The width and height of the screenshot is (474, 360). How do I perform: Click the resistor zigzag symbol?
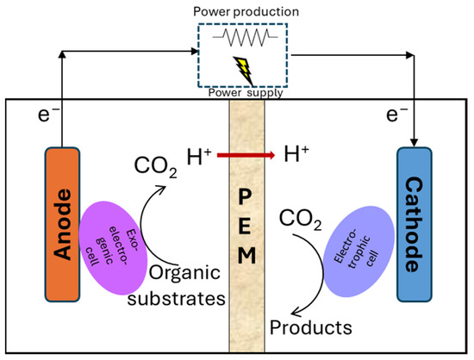(247, 37)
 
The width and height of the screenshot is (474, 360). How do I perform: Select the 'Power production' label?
(247, 12)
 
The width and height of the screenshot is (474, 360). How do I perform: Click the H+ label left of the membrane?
(200, 157)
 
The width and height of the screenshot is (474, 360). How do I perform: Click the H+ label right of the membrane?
(296, 157)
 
